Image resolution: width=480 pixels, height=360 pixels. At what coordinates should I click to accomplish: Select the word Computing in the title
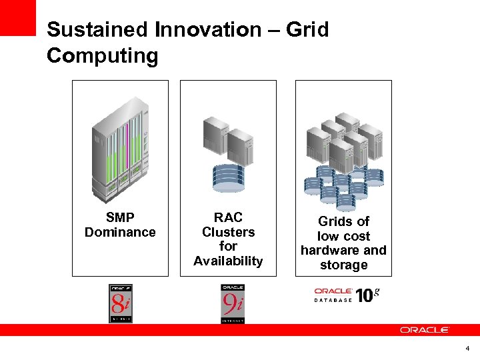pyautogui.click(x=102, y=56)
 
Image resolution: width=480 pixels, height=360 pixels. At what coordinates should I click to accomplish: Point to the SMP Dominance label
pyautogui.click(x=120, y=225)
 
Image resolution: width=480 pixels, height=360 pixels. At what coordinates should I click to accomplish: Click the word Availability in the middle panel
pyautogui.click(x=228, y=261)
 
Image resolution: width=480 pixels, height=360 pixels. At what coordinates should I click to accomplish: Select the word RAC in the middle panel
pyautogui.click(x=228, y=217)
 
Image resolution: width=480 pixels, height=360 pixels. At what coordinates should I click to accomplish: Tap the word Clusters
pyautogui.click(x=228, y=232)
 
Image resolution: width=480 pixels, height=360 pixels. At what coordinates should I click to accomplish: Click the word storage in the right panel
pyautogui.click(x=343, y=265)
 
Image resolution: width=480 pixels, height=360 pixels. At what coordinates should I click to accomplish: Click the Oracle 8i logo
pyautogui.click(x=121, y=303)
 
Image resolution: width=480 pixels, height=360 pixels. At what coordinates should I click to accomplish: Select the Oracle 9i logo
pyautogui.click(x=233, y=303)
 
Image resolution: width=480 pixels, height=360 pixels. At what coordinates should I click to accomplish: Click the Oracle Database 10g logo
pyautogui.click(x=346, y=295)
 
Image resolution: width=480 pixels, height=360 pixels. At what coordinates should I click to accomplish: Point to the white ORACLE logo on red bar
pyautogui.click(x=425, y=329)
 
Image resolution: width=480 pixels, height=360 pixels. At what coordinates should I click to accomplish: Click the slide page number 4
pyautogui.click(x=467, y=348)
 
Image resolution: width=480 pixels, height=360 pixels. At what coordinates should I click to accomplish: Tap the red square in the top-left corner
pyautogui.click(x=17, y=17)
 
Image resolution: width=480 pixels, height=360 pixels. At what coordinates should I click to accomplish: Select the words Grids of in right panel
pyautogui.click(x=343, y=221)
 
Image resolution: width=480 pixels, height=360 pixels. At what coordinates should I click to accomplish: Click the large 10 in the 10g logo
pyautogui.click(x=364, y=295)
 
